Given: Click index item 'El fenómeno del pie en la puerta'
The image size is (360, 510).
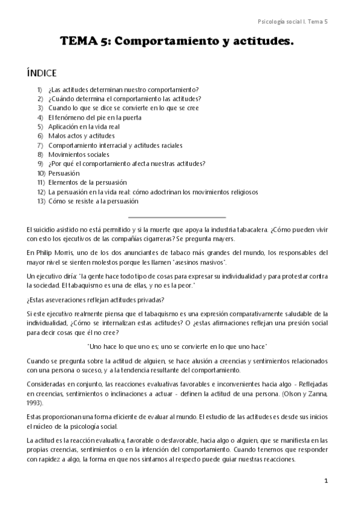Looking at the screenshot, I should [x=95, y=117].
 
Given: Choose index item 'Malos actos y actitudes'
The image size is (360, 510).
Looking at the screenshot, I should [x=81, y=136].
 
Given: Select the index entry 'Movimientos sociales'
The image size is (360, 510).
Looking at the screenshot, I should [x=79, y=155].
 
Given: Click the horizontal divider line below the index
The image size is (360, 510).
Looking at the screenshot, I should [x=177, y=217].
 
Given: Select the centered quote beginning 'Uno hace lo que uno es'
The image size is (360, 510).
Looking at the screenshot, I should [x=177, y=346].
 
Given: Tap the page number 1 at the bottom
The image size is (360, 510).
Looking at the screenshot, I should [x=326, y=481].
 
